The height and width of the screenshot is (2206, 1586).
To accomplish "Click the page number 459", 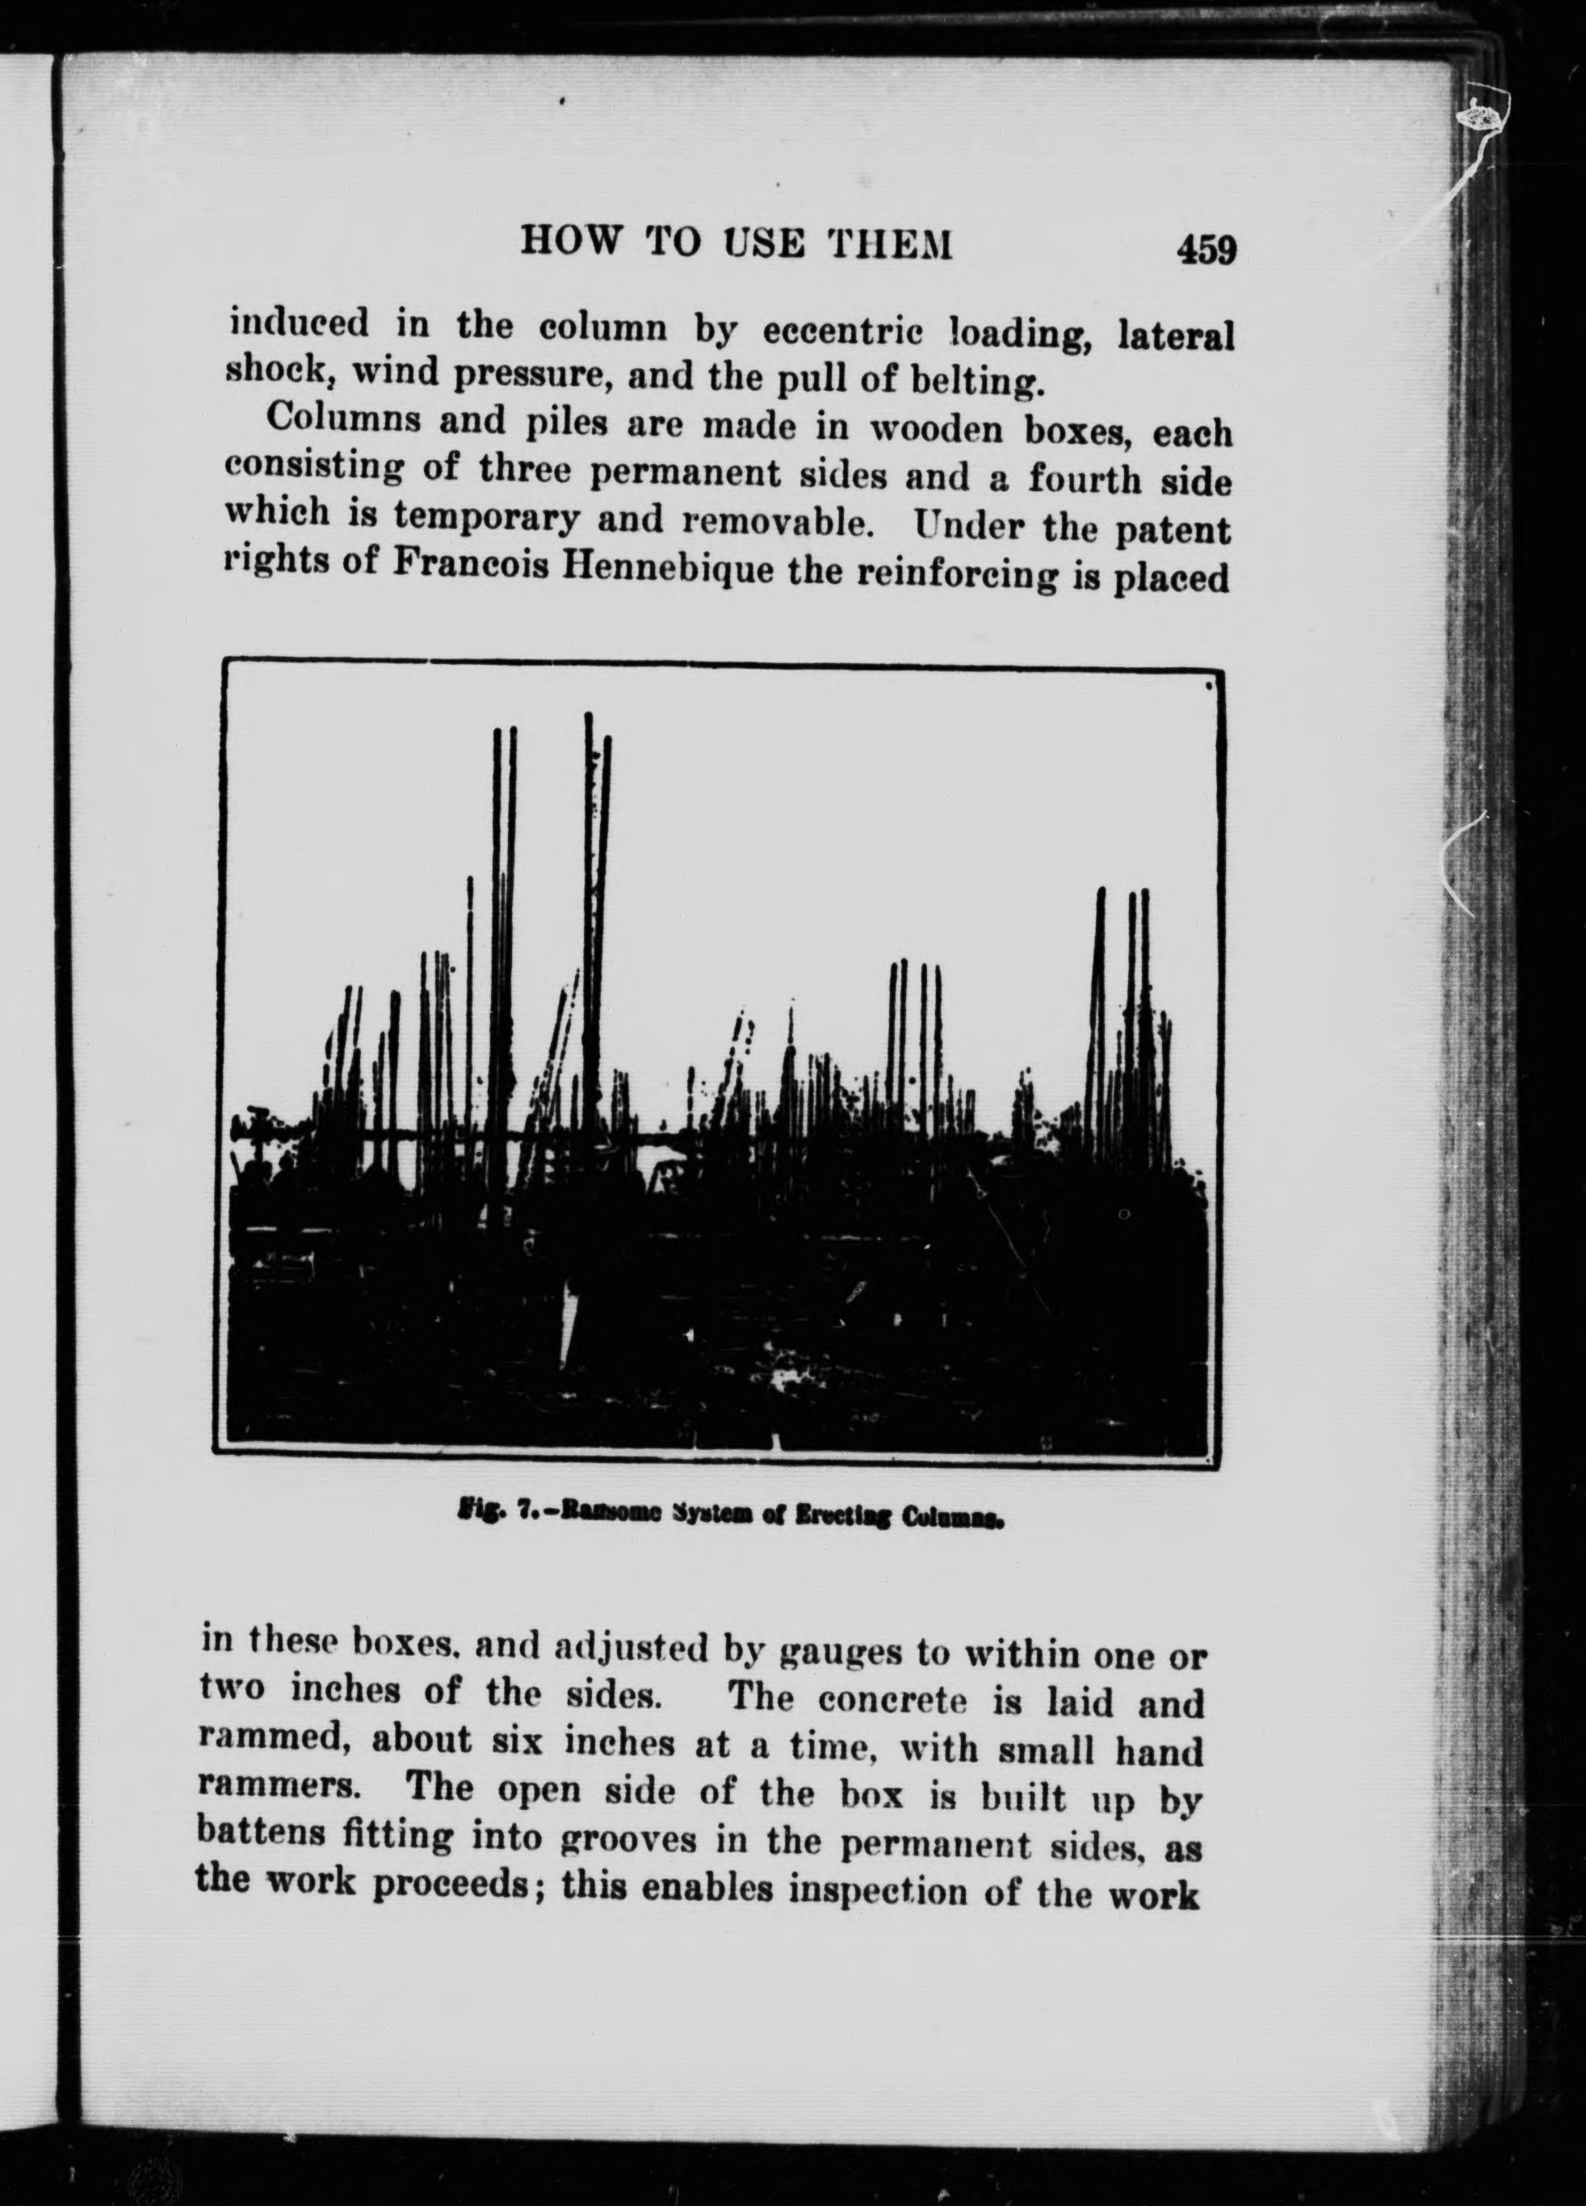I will (x=1206, y=250).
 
